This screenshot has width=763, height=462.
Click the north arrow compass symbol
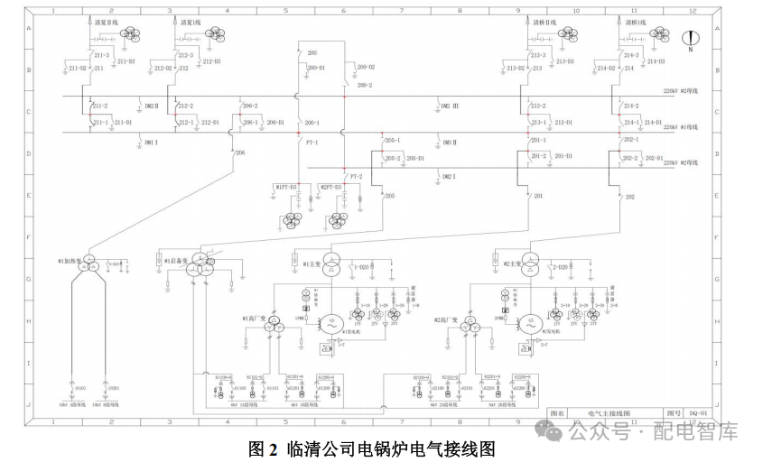click(x=689, y=40)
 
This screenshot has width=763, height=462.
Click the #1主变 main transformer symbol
click(x=330, y=263)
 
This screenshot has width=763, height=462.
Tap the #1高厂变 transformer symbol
click(x=272, y=328)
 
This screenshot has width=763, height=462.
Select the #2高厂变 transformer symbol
click(x=469, y=328)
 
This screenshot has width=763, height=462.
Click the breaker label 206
click(x=240, y=153)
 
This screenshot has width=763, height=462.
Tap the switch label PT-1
click(x=312, y=143)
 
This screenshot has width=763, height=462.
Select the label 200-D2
click(x=365, y=68)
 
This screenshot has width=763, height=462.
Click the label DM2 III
click(x=450, y=106)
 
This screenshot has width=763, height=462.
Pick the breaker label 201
click(x=539, y=196)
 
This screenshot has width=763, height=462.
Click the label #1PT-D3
click(x=286, y=186)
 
